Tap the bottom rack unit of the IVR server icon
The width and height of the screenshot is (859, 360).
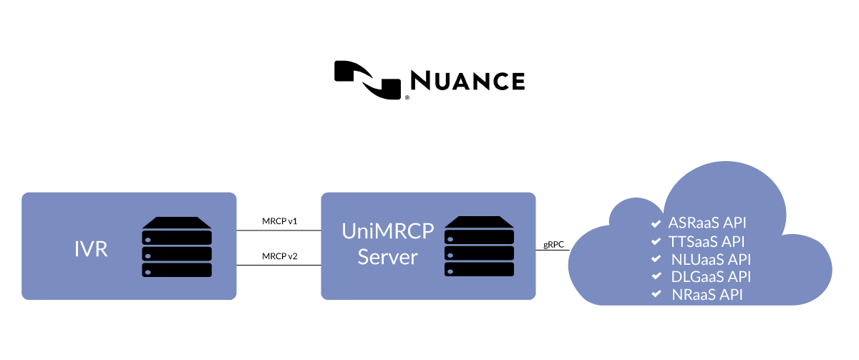[x=177, y=270]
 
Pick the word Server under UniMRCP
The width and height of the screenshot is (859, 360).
[x=387, y=257]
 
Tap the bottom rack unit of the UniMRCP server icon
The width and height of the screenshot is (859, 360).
[x=479, y=270]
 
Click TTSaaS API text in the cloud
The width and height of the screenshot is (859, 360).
[x=707, y=240]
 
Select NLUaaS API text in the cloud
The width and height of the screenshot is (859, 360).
[x=711, y=259]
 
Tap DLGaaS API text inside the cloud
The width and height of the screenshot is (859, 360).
[x=711, y=277]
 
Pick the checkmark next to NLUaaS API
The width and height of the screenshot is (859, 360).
[x=656, y=259]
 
